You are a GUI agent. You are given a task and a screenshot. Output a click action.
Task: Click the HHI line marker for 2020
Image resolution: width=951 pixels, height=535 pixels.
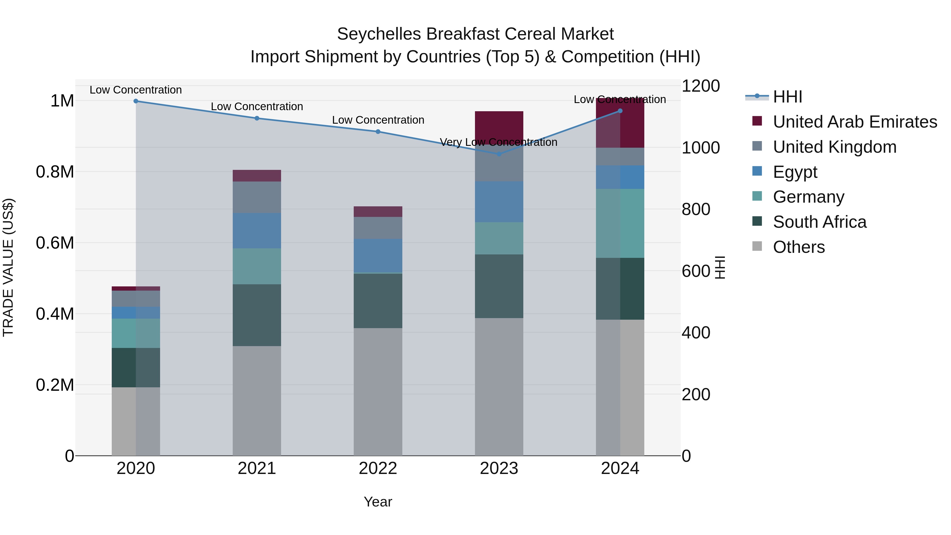pos(136,101)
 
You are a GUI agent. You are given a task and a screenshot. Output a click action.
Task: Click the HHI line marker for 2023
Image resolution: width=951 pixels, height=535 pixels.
pos(499,154)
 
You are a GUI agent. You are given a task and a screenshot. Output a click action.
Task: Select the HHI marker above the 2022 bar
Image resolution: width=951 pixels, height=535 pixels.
pos(378,132)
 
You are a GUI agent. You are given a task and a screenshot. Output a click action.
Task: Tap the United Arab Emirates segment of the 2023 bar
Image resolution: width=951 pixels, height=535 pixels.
pos(499,125)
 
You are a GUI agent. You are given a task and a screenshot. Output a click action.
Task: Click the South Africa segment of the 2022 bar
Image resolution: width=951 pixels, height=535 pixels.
pos(378,301)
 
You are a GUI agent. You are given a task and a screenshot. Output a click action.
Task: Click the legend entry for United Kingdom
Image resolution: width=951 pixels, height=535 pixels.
pos(834,147)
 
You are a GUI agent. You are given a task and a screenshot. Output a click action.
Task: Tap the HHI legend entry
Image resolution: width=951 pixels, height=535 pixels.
pos(787,97)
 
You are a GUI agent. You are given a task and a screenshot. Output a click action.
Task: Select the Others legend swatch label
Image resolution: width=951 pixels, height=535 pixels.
pos(799,247)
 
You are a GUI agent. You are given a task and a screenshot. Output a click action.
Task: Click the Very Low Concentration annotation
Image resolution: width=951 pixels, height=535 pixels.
pos(498,142)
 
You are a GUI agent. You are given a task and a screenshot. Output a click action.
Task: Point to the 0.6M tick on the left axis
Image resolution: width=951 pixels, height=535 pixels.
pos(55,243)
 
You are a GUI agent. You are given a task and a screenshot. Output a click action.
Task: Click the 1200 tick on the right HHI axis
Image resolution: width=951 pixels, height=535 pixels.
pos(700,86)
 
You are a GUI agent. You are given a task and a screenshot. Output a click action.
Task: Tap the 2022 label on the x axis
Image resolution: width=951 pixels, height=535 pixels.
pos(378,468)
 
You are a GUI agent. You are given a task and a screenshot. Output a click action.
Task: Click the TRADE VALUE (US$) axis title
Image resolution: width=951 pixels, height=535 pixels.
pos(8,267)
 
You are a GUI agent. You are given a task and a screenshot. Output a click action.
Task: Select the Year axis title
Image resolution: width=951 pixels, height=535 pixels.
pos(378,502)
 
